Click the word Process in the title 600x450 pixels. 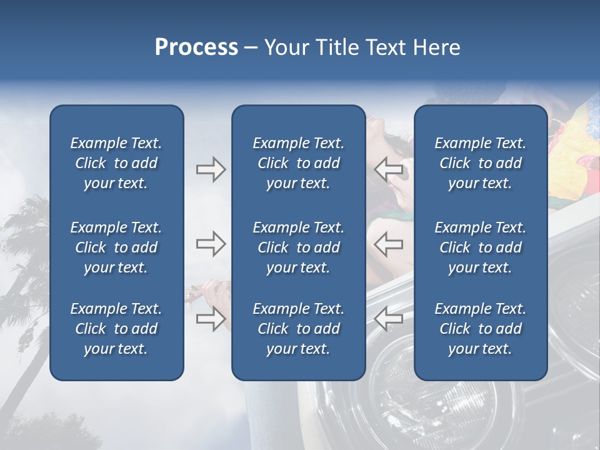click(196, 47)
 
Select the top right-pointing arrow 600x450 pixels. click(211, 169)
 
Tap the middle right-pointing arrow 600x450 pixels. click(211, 244)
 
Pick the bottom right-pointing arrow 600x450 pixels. click(211, 319)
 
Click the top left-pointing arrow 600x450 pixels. click(388, 169)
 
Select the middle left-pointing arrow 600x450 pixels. click(388, 244)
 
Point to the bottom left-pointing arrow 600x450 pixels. click(388, 319)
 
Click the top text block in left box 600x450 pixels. click(116, 163)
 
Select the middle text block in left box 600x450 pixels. click(116, 247)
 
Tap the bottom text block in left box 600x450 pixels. click(116, 329)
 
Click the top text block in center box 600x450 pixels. click(298, 163)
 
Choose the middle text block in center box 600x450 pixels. click(298, 247)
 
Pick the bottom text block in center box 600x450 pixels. click(298, 329)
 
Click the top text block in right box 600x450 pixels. click(480, 163)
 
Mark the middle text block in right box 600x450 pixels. click(480, 247)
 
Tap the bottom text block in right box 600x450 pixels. click(480, 329)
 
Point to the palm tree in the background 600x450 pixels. click(25, 250)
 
